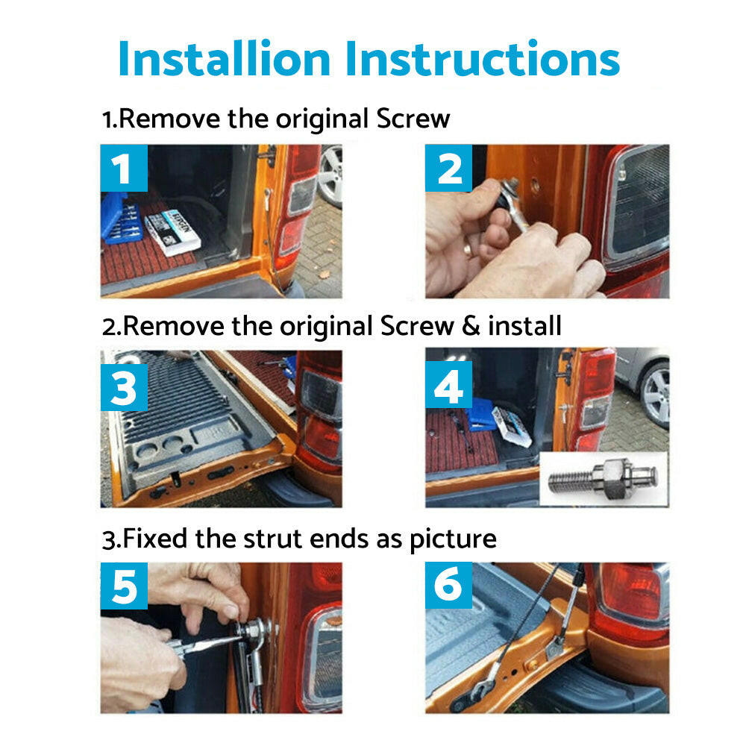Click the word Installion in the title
(x=224, y=58)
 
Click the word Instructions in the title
(x=483, y=58)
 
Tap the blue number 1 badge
(x=124, y=168)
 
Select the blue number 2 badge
(x=448, y=168)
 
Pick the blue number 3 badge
(x=124, y=388)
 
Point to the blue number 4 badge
(x=448, y=385)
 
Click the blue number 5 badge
(x=124, y=586)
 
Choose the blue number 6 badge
(x=448, y=585)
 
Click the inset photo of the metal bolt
(x=604, y=478)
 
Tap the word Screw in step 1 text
(x=413, y=119)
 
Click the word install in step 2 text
(x=524, y=326)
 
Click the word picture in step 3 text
(x=453, y=540)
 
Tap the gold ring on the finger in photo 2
(x=468, y=249)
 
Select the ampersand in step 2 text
(x=471, y=326)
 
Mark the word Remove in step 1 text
(x=169, y=119)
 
